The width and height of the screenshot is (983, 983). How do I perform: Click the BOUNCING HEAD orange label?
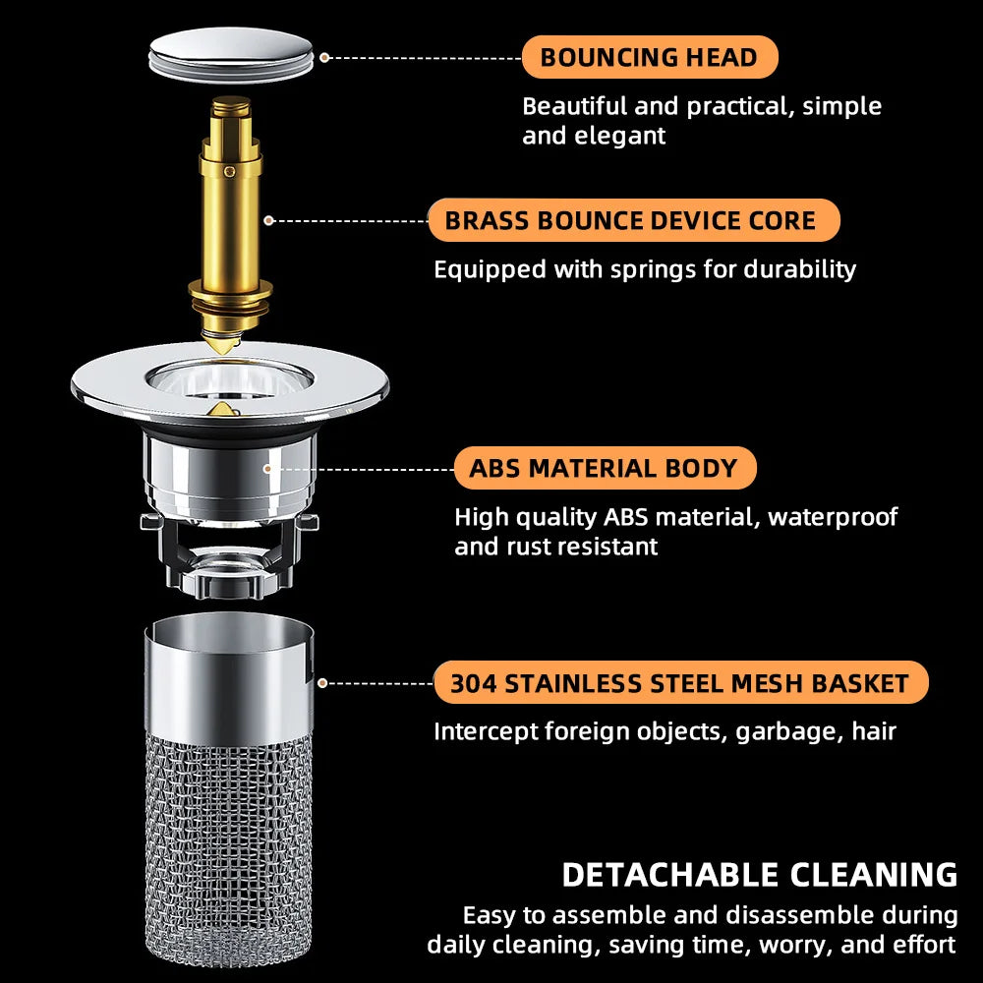(x=649, y=57)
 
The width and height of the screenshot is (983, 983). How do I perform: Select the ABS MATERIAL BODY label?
(x=604, y=468)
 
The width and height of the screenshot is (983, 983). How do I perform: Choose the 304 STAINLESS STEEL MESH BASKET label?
(x=680, y=683)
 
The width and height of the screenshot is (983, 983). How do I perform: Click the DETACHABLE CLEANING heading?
(x=759, y=874)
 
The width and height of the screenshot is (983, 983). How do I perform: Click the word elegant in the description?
(x=622, y=136)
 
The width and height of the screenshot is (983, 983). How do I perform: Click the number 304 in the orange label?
(x=474, y=683)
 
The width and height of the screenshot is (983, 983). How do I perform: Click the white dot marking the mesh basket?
(x=322, y=682)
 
